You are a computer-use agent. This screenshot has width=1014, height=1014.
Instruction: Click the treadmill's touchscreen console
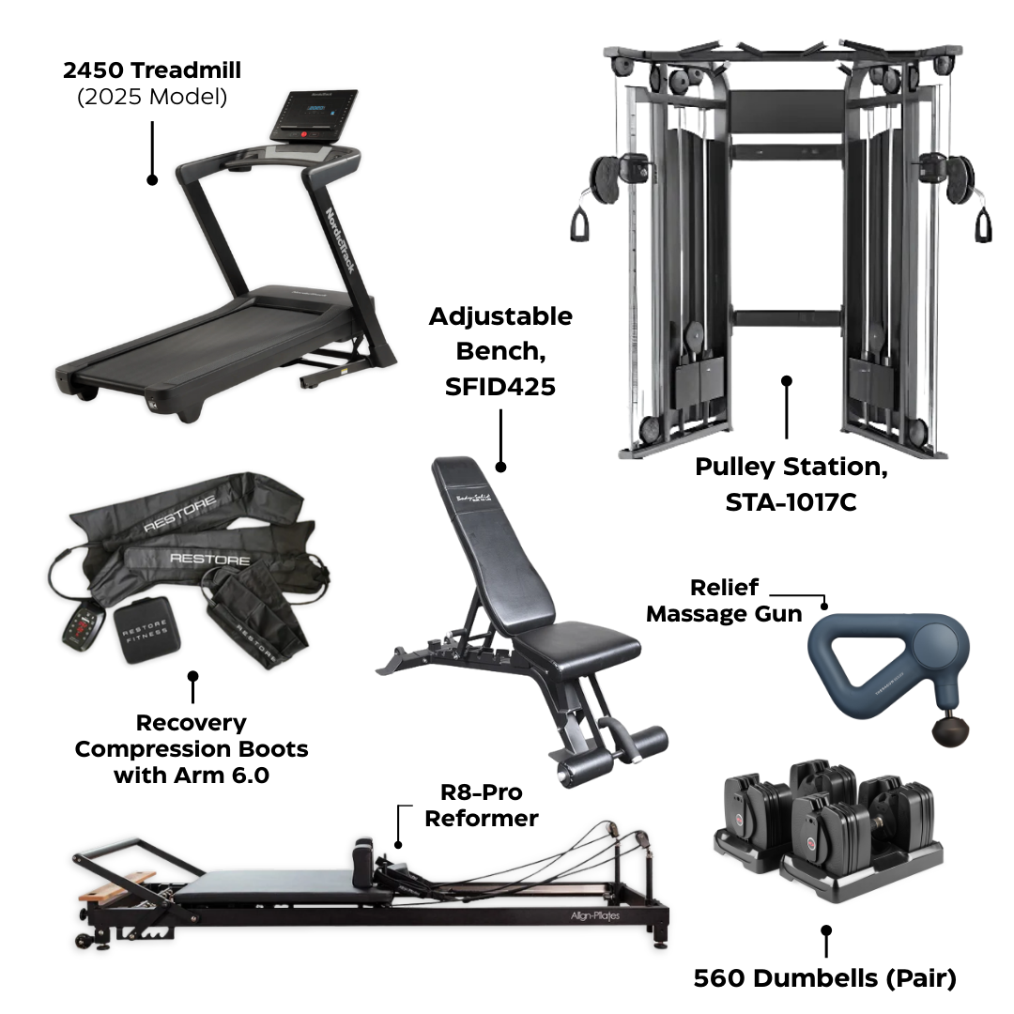[315, 115]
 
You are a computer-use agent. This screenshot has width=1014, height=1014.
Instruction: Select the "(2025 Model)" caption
[151, 97]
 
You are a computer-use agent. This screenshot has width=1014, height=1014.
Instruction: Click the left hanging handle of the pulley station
[577, 223]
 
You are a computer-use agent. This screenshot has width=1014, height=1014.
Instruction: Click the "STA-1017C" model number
[791, 502]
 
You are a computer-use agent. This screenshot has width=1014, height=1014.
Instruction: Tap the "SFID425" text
[500, 387]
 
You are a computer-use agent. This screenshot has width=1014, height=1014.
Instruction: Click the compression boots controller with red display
[82, 624]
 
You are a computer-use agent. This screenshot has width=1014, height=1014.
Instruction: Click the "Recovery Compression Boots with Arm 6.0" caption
[192, 749]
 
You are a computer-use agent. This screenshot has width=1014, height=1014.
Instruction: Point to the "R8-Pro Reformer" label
[481, 805]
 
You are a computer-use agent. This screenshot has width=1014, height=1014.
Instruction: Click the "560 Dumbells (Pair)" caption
[824, 978]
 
